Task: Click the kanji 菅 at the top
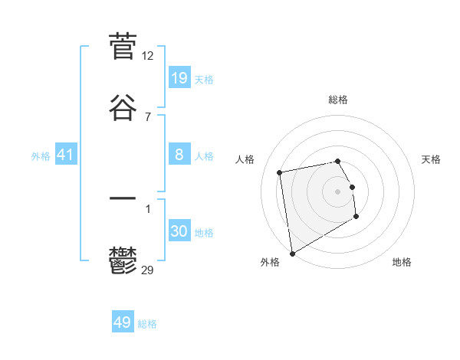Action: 123,47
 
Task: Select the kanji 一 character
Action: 123,198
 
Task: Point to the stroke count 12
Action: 148,56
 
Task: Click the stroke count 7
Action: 148,116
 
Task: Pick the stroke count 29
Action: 148,270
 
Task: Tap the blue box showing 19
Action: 179,78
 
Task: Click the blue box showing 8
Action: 179,155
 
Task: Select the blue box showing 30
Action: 179,231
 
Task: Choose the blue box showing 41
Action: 66,155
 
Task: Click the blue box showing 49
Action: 123,322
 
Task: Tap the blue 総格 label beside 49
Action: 148,324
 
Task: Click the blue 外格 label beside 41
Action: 41,156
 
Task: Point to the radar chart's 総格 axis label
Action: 338,100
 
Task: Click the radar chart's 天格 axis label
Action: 432,159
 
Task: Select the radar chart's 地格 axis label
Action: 402,263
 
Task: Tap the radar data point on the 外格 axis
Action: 291,253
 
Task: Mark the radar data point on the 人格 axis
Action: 280,172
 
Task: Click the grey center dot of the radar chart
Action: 338,191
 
